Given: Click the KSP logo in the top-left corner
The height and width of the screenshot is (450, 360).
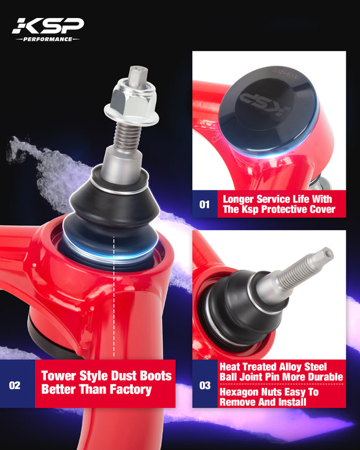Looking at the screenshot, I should point(47,25).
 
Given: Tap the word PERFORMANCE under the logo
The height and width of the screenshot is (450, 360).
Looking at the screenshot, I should point(47,38).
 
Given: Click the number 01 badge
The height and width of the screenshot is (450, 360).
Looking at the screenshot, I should point(204,203).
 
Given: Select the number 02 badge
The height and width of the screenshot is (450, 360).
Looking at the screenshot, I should point(14,385).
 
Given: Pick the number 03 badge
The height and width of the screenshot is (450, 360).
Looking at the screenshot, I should point(204,385).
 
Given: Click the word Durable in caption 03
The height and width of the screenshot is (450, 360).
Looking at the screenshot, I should point(322,377).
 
